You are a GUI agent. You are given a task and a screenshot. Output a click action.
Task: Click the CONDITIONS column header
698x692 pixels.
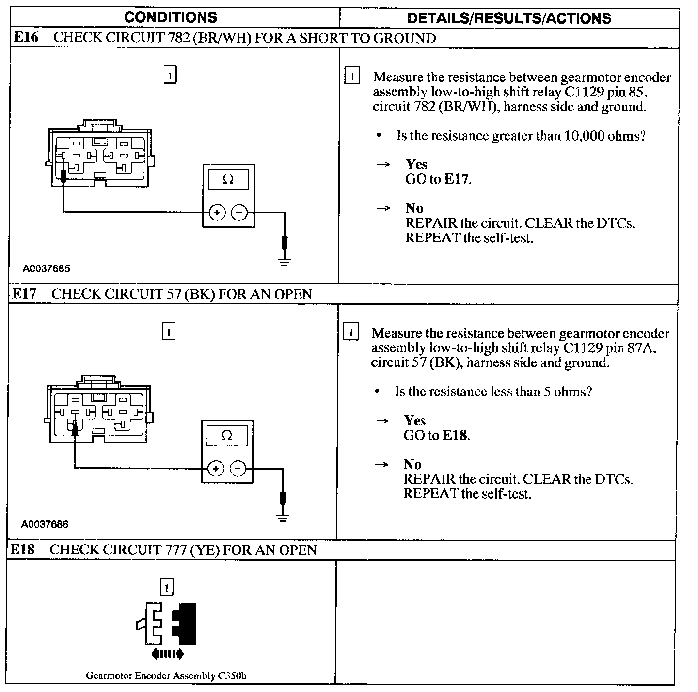[171, 17]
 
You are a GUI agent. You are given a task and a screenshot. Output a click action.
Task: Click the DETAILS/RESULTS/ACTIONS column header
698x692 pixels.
[509, 18]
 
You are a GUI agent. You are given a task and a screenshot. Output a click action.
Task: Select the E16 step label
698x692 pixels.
[26, 38]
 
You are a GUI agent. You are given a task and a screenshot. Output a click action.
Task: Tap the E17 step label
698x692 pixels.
[24, 294]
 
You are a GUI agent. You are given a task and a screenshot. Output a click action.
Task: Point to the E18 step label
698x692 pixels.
[23, 550]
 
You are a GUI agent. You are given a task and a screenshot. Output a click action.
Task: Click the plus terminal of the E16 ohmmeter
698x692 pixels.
[217, 213]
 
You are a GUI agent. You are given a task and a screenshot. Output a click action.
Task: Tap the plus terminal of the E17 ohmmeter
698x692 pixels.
[216, 469]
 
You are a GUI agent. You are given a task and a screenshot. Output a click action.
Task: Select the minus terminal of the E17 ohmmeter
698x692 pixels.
[238, 469]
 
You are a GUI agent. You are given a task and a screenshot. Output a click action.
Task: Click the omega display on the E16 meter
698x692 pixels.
[228, 180]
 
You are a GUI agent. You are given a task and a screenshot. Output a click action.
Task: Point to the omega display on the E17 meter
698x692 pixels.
[226, 436]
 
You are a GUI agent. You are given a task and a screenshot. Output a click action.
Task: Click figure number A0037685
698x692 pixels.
[46, 268]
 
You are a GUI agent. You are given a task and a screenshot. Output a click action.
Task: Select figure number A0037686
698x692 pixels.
[45, 524]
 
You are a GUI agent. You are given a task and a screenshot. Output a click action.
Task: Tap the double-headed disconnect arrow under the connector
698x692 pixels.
[167, 654]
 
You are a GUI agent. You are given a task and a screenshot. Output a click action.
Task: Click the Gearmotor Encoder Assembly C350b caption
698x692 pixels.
[166, 676]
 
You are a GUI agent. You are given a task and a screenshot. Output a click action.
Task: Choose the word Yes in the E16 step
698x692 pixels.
[416, 164]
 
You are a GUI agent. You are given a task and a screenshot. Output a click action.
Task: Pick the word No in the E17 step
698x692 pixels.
[412, 464]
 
